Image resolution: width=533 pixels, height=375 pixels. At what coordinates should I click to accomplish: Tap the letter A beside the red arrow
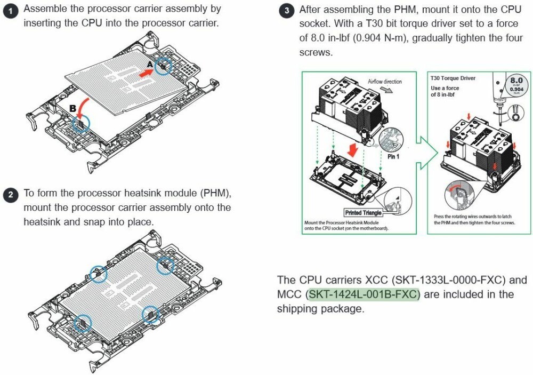click(150, 63)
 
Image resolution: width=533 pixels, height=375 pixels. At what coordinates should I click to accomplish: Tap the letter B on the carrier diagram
click(72, 108)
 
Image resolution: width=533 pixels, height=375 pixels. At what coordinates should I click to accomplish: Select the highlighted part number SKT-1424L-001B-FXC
click(364, 294)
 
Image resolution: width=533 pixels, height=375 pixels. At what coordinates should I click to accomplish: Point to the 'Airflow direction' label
click(385, 82)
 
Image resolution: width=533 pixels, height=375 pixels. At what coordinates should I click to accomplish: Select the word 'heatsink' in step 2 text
click(43, 221)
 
